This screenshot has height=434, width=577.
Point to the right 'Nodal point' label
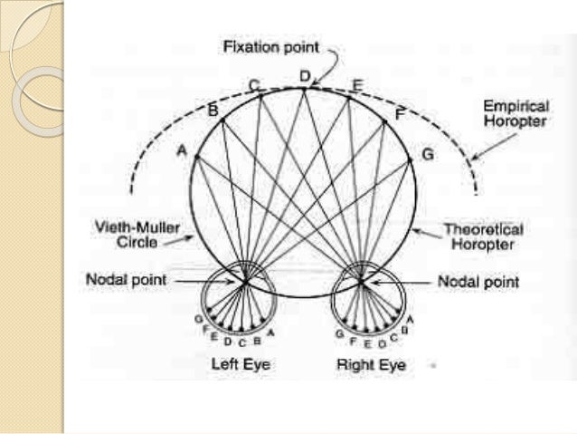pos(478,282)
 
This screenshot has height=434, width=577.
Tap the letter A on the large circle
pos(182,153)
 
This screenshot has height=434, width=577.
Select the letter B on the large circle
pos(213,111)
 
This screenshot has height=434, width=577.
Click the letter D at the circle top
pos(305,76)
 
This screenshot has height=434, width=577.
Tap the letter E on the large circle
pos(356,86)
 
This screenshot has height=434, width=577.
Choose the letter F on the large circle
pos(399,113)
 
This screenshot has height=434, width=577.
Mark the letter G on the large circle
pos(427,154)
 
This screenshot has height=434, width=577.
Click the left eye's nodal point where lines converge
pos(245,282)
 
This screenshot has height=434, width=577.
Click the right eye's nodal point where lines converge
pos(361,282)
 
